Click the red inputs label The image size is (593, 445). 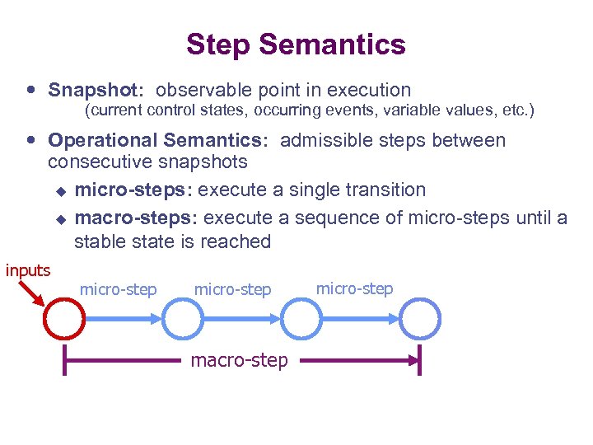[28, 269]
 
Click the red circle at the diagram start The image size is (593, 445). [65, 317]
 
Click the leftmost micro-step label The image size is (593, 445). [118, 289]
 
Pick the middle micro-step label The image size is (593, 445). [232, 289]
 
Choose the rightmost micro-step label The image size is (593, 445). [354, 288]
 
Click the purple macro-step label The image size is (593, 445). [240, 360]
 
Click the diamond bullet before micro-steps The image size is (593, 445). [59, 190]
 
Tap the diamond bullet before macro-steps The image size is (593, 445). [59, 218]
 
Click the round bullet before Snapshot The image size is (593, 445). [30, 90]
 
